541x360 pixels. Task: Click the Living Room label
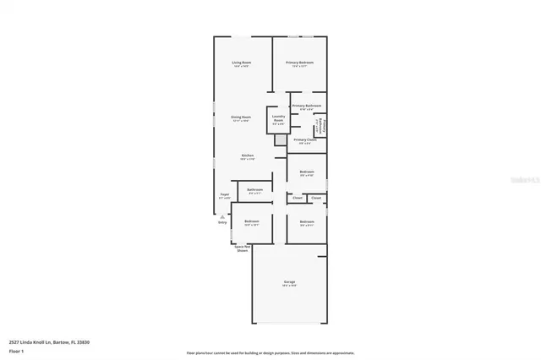[242, 63]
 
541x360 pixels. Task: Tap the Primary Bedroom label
[299, 63]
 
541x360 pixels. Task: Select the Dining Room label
[241, 117]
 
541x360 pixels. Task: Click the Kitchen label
[248, 155]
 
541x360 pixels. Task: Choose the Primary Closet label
[305, 139]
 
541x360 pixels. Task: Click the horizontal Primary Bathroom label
[307, 106]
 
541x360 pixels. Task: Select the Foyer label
[225, 195]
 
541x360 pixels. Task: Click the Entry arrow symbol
[222, 216]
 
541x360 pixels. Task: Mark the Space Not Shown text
[242, 248]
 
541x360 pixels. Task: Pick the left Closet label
[298, 198]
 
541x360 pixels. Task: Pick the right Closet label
[316, 198]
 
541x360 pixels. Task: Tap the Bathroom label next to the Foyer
[255, 190]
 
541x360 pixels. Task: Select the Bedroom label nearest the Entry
[252, 221]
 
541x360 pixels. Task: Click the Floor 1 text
[16, 350]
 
